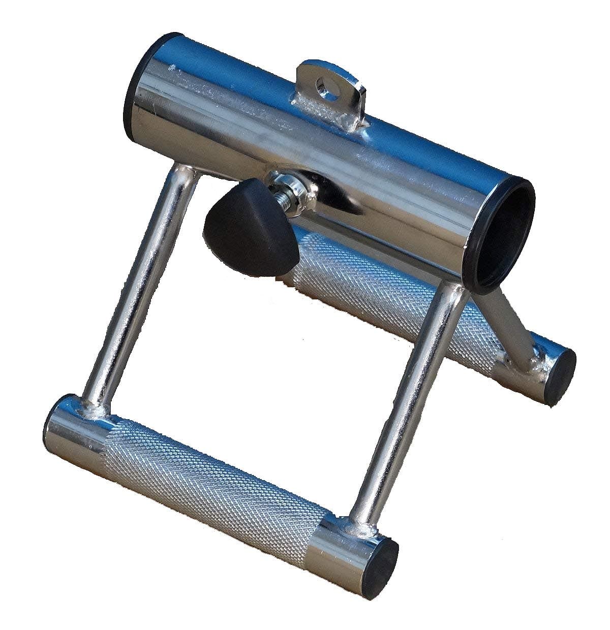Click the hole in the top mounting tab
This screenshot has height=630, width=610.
[322, 82]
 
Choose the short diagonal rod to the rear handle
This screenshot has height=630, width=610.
[508, 320]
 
